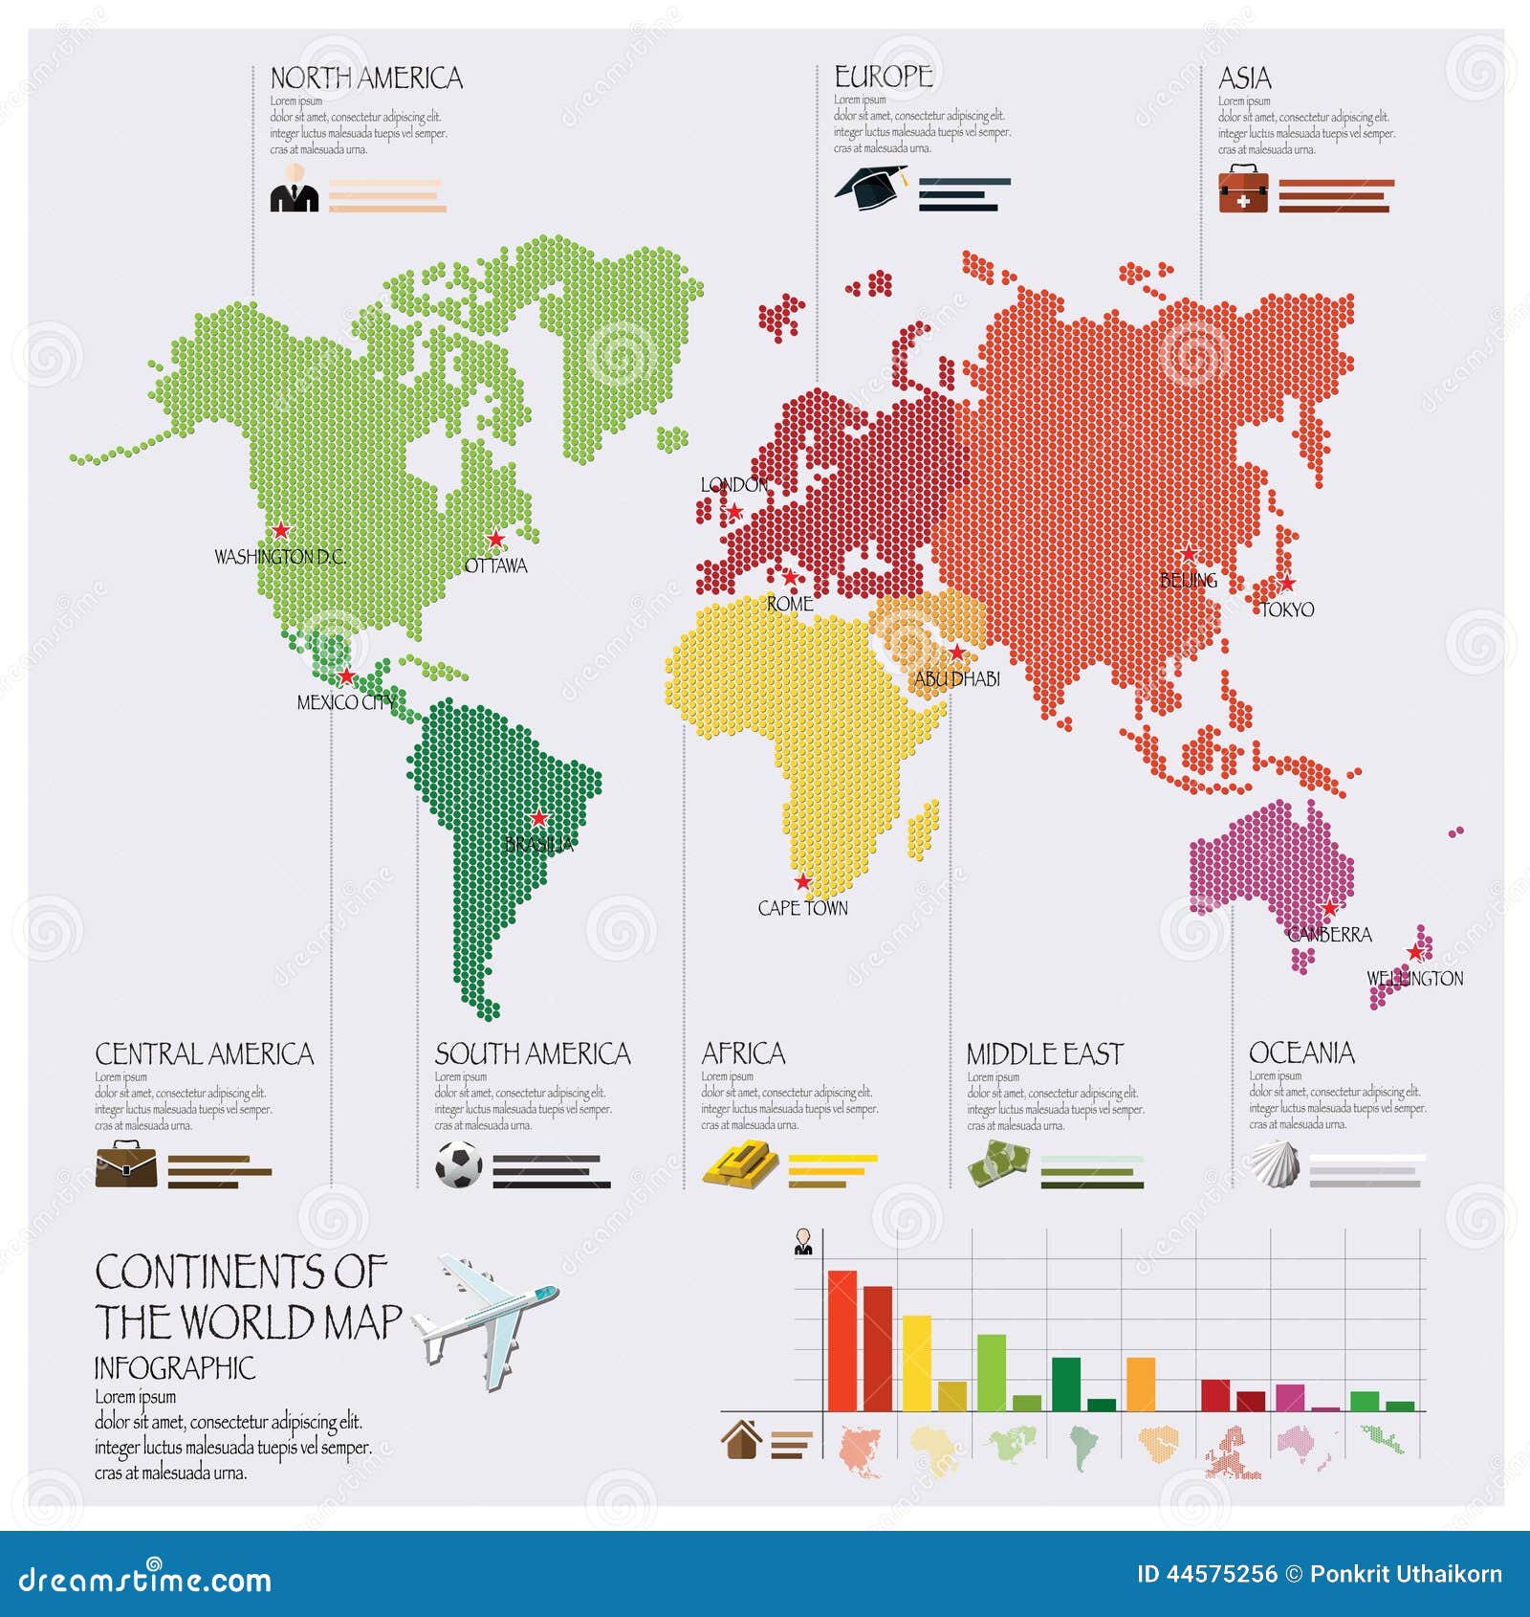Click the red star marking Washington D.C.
280,530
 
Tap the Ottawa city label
495,565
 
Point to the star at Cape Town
803,882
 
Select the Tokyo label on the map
1287,609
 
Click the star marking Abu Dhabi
957,653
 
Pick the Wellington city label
1414,978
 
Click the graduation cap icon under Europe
871,187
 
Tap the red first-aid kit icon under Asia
1243,188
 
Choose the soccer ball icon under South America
459,1165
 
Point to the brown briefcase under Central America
126,1164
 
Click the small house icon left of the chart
742,1439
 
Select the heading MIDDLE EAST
1044,1054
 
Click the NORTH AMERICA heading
366,78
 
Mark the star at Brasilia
539,818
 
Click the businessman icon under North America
295,188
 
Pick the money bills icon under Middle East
998,1165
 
